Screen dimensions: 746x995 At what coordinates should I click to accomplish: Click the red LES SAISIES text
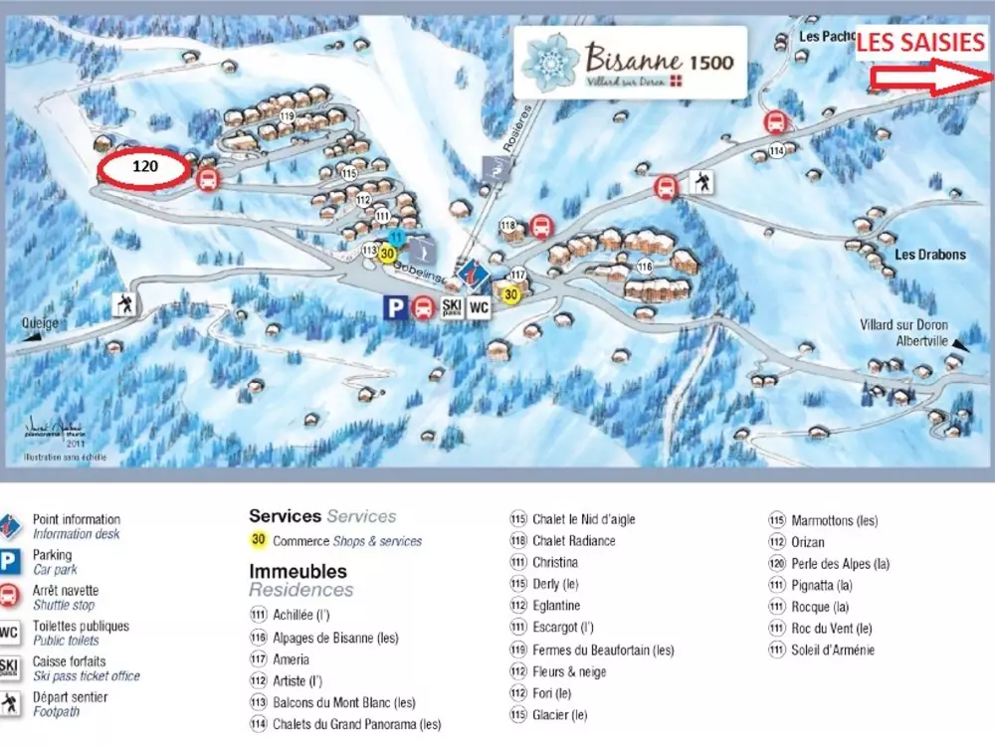point(920,42)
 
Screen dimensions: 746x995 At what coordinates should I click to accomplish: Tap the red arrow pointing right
point(929,80)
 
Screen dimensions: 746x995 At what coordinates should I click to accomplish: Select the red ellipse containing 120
point(144,167)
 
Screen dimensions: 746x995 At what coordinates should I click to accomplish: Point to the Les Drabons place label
point(929,255)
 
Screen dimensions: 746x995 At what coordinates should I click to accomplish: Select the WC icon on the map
point(479,307)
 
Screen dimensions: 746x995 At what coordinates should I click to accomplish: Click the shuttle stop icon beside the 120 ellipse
point(208,179)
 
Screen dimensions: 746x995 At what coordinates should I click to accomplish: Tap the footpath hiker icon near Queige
point(125,304)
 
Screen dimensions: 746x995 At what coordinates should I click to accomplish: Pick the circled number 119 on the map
point(289,117)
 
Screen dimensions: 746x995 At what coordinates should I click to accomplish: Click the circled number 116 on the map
point(644,266)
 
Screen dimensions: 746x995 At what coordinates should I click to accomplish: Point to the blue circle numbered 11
point(396,237)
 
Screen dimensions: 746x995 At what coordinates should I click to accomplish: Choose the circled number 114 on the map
point(776,150)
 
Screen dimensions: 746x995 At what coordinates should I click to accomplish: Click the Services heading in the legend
point(285,516)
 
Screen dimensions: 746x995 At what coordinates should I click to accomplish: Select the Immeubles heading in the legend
point(298,572)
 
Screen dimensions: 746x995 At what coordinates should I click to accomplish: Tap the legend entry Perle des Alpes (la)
point(840,564)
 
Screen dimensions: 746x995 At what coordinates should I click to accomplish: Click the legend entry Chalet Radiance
point(573,541)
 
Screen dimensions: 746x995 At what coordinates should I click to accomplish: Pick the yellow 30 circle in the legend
point(258,541)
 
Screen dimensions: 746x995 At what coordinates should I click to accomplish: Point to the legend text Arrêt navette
point(66,591)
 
